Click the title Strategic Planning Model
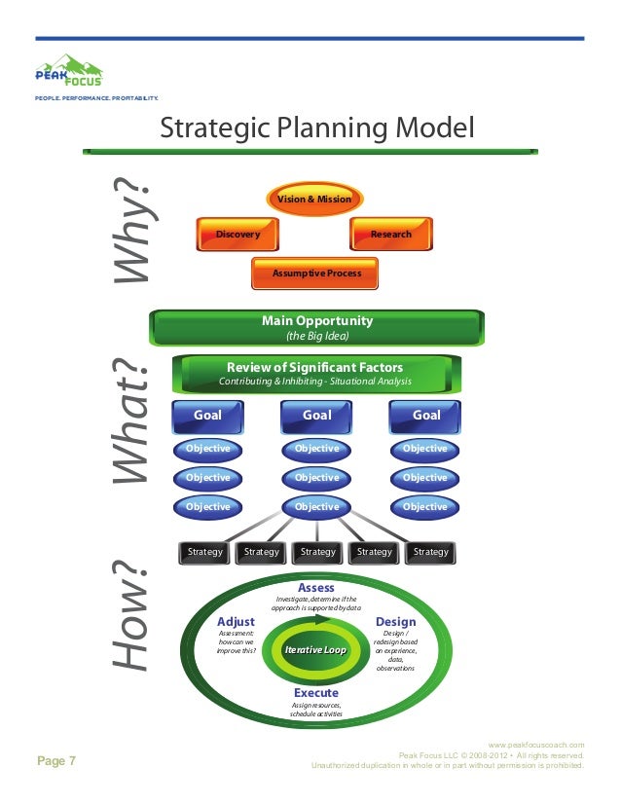tap(316, 128)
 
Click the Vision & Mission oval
tap(314, 200)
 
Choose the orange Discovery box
tap(237, 235)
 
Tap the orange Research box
tap(391, 235)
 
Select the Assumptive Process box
tap(315, 274)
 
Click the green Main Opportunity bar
tap(316, 327)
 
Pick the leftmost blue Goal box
tap(207, 415)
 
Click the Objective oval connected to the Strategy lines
tap(316, 507)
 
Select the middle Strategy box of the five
tap(317, 552)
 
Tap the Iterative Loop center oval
tap(315, 649)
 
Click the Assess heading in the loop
tap(316, 588)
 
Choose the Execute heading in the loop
tap(315, 693)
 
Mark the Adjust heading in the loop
tap(236, 622)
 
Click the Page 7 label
tap(56, 761)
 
